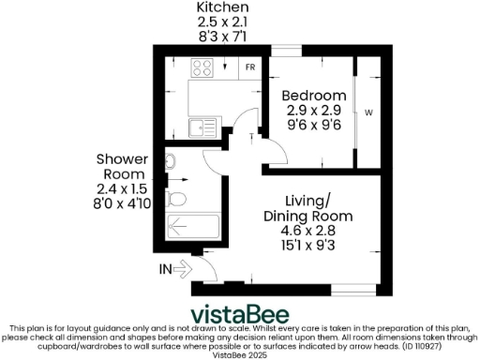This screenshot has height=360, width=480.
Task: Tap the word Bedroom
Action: tap(315, 96)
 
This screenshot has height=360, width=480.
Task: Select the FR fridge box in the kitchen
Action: tap(250, 67)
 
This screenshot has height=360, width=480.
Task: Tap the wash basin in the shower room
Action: tap(171, 162)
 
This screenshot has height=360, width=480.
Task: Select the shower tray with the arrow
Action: tap(192, 226)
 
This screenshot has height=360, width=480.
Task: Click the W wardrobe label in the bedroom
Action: tap(367, 113)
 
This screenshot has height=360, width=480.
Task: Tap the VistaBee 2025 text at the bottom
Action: tap(240, 355)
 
